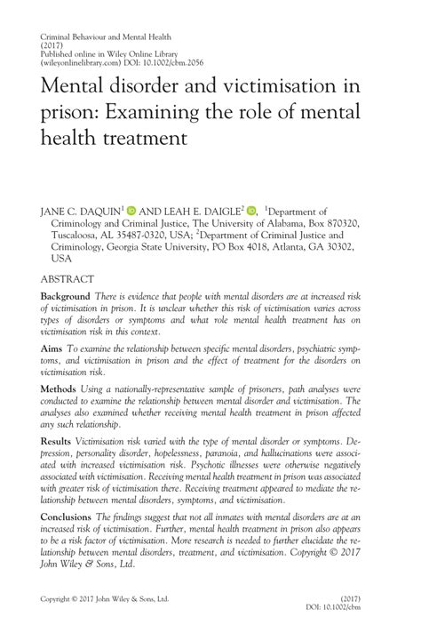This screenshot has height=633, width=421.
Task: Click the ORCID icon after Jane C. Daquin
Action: click(132, 211)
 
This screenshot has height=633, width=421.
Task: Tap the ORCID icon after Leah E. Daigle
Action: click(251, 211)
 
